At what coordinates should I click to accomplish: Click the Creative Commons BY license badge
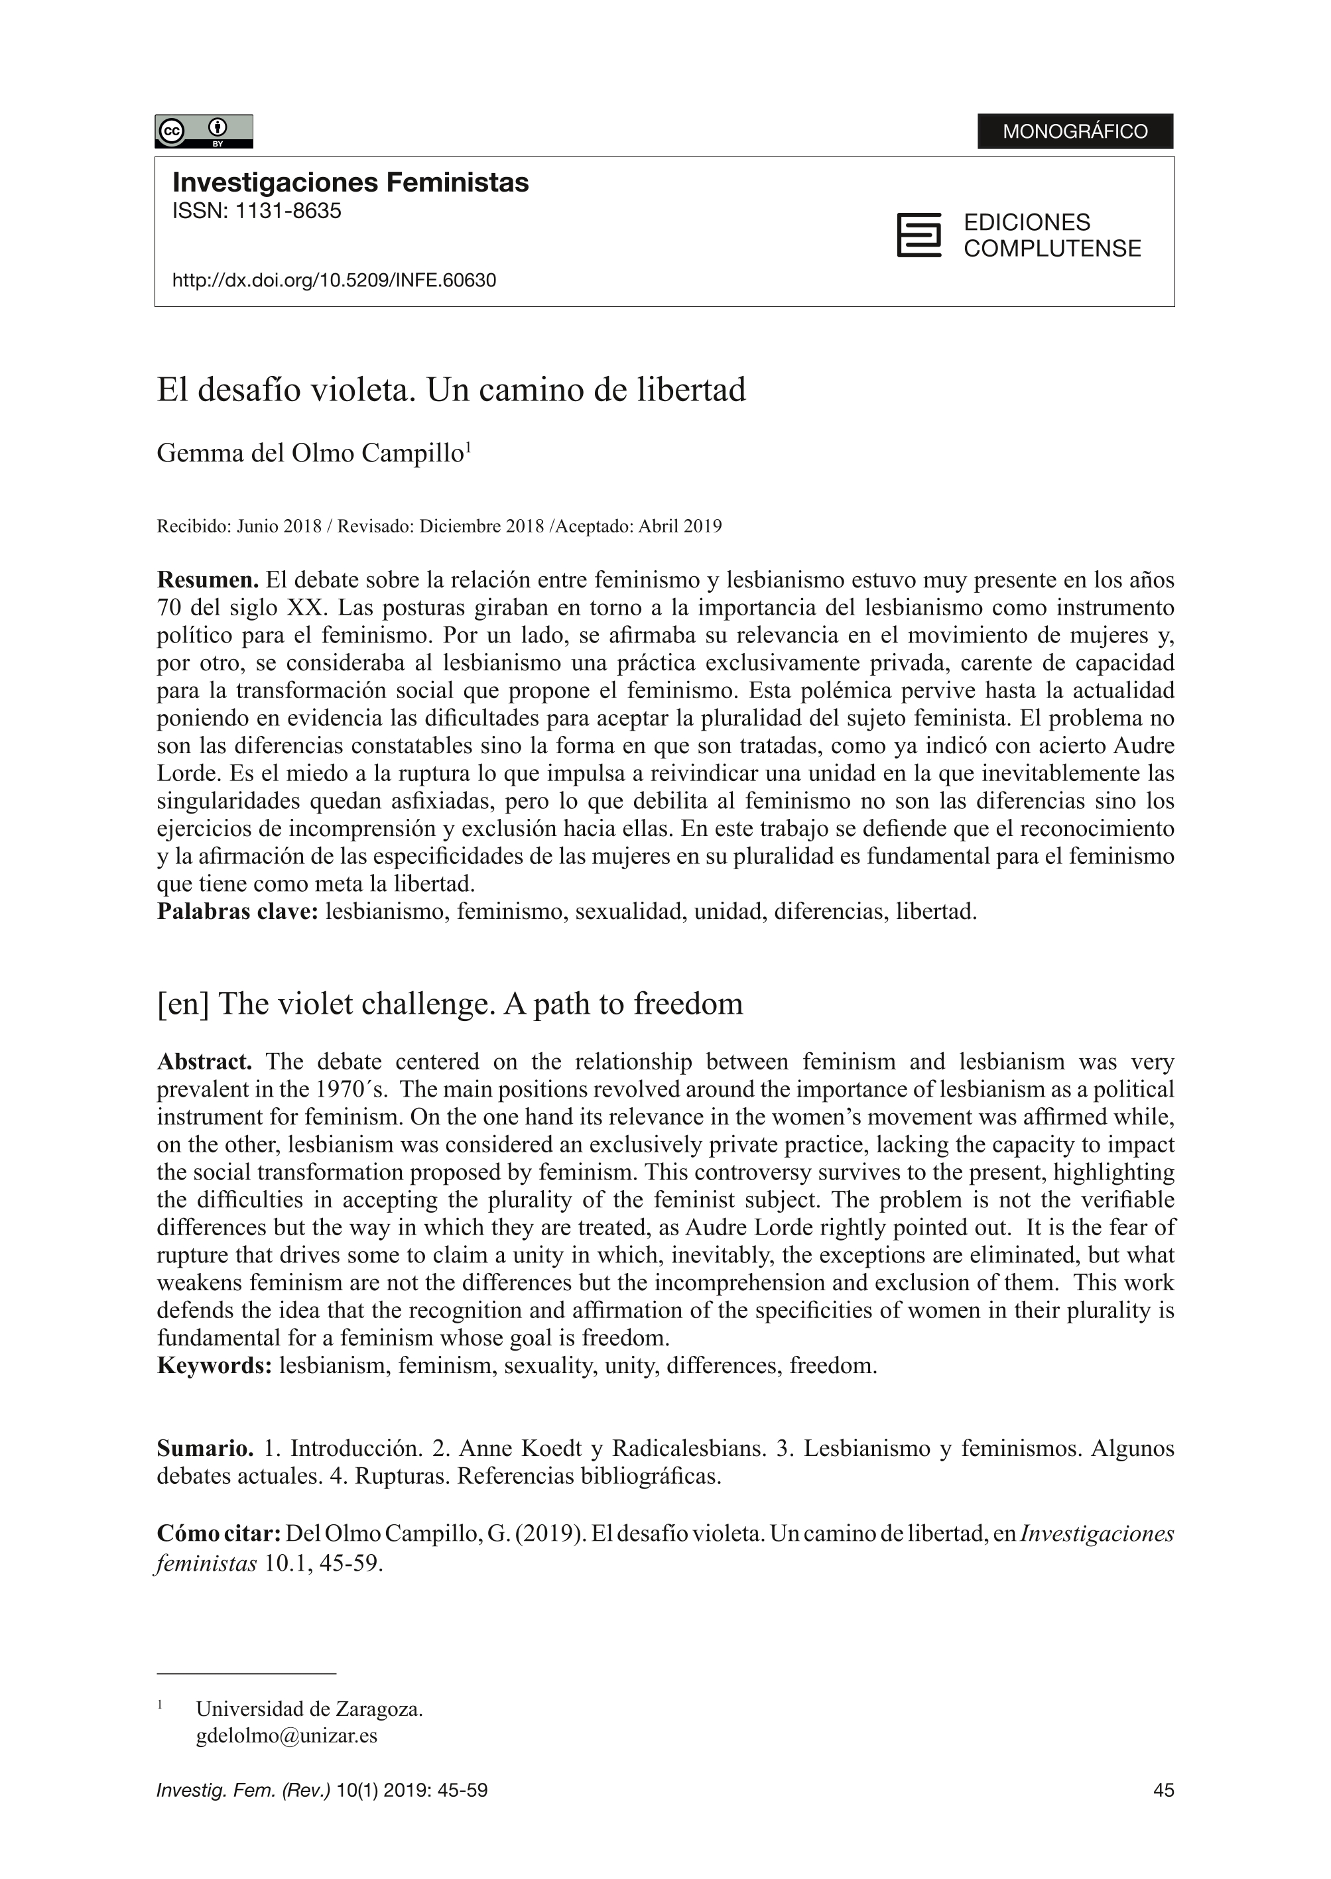click(203, 131)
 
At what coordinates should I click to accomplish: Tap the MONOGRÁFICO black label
click(1074, 131)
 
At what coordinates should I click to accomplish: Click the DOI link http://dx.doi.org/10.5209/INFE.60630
click(334, 280)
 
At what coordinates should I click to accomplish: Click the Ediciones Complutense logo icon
click(919, 235)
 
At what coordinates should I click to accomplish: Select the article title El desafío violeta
click(451, 390)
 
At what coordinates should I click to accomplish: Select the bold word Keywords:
click(214, 1365)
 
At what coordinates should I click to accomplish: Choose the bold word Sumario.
click(205, 1448)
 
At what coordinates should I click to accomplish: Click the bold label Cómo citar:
click(219, 1533)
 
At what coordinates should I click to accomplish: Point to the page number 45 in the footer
click(1163, 1791)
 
